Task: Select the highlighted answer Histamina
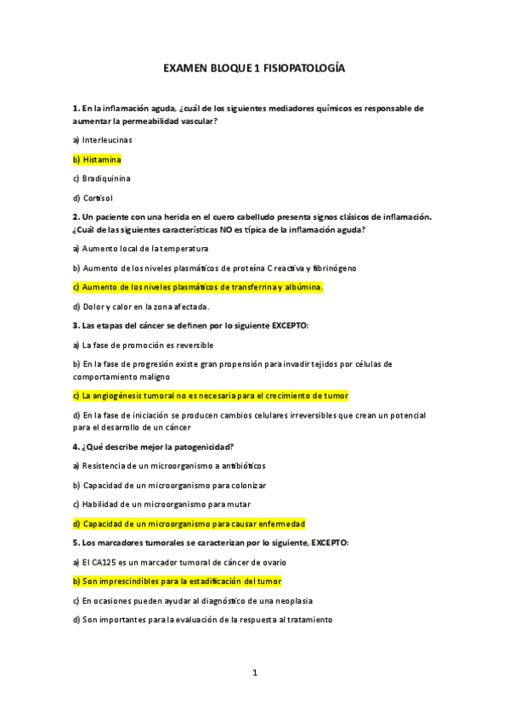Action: [x=102, y=159]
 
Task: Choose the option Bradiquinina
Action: [x=106, y=178]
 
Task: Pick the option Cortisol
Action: [x=97, y=198]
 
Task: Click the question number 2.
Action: [x=76, y=217]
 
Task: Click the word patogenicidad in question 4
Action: [x=201, y=447]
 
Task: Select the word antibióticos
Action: [x=241, y=465]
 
